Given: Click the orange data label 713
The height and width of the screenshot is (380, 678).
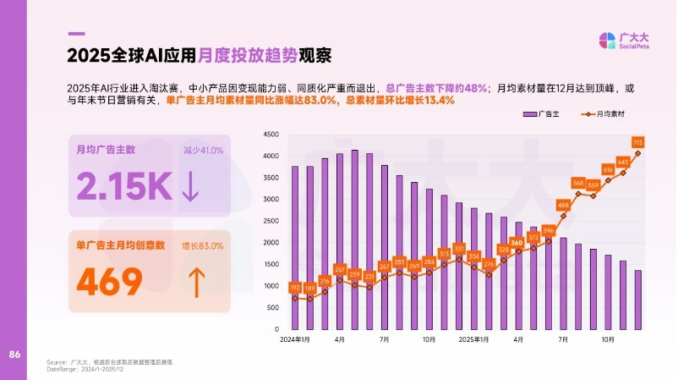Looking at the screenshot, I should click(638, 141).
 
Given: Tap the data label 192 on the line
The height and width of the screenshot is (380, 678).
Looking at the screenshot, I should click(295, 287).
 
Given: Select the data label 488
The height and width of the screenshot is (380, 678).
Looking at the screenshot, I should click(563, 206).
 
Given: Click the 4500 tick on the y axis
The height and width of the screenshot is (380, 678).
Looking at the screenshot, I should click(271, 135).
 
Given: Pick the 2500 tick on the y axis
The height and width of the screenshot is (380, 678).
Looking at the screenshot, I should click(271, 221).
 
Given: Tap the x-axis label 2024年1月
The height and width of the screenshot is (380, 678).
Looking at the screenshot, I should click(294, 339).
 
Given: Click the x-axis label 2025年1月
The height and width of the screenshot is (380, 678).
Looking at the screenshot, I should click(473, 339).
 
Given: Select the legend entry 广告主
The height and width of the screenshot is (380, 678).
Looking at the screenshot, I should click(544, 113).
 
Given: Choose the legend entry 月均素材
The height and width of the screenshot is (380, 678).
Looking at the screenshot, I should click(610, 113).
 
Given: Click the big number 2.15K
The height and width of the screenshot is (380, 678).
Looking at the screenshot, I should click(123, 186).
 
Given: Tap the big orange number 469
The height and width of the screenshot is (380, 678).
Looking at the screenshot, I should click(110, 282).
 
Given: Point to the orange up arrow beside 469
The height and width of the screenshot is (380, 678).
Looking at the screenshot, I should click(195, 282).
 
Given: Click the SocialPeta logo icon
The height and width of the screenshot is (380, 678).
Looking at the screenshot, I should click(609, 41).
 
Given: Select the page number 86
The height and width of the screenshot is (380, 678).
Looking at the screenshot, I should click(14, 353).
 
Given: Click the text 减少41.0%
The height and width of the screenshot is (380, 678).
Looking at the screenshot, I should click(203, 151).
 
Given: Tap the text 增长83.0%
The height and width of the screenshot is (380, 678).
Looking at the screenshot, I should click(203, 245).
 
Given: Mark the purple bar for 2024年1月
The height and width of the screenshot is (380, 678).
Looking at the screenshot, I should click(295, 247).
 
